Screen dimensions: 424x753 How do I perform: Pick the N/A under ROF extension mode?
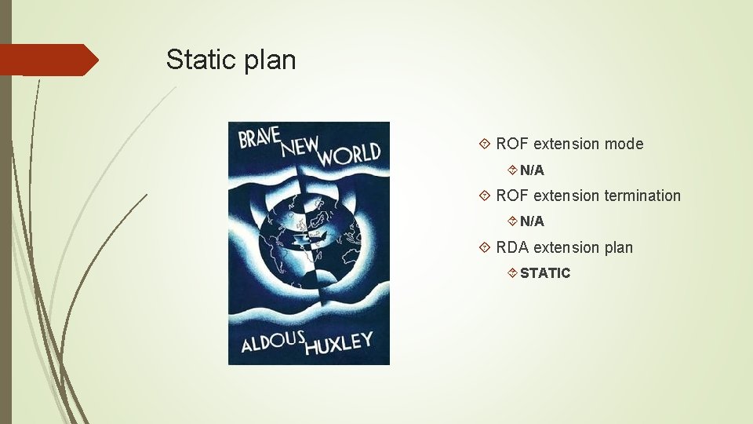(x=532, y=170)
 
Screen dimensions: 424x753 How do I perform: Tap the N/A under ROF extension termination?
(x=532, y=221)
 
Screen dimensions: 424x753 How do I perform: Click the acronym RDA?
(x=512, y=247)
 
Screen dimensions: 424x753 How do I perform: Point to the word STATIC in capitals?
(x=545, y=273)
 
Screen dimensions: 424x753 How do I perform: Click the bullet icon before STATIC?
(x=511, y=273)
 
